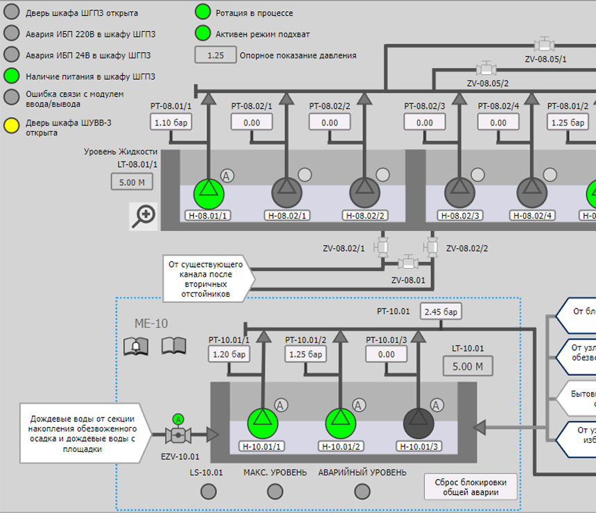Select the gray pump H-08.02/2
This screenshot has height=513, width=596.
pos(363,191)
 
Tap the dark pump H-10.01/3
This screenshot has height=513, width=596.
pos(418,420)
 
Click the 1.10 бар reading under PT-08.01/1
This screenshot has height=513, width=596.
pos(170,122)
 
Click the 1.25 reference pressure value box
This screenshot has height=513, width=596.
pos(216,55)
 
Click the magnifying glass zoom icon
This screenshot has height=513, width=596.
pos(143,216)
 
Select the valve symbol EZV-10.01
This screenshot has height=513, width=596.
pos(178,435)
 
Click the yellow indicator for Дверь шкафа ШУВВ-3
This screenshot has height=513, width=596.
pos(12,127)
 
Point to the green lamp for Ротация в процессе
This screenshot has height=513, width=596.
pos(202,12)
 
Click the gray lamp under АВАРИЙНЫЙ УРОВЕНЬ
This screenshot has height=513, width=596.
pos(362,491)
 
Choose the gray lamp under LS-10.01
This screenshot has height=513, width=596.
pos(207,491)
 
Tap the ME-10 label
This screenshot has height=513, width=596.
pos(151,323)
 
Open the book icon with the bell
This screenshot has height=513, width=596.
pos(136,345)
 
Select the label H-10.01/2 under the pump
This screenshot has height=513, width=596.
pos(340,446)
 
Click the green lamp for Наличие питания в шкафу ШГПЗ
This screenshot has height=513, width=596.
pos(12,76)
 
